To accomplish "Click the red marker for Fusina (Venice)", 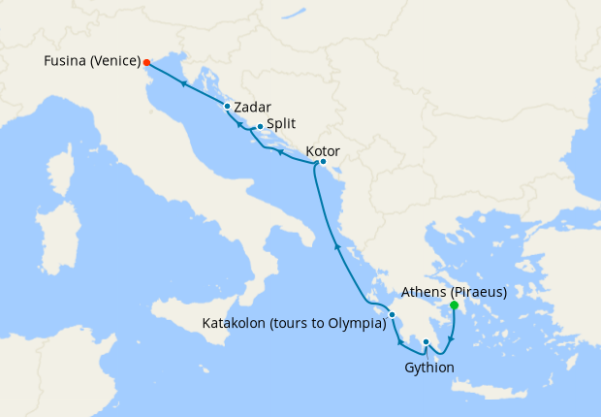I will [146, 62].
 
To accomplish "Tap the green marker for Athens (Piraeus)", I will [454, 305].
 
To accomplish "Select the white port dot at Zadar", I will [227, 107].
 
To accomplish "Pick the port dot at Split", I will [260, 126].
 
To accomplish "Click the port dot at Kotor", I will [323, 162].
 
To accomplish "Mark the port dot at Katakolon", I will [392, 314].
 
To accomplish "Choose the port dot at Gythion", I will [426, 341].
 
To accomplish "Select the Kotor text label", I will [322, 150].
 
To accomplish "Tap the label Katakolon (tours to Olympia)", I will [293, 323].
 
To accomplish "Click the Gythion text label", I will [428, 367].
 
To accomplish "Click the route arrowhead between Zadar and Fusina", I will [183, 83].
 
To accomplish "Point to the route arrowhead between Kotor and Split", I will [279, 151].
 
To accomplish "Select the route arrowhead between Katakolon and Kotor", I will [337, 247].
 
